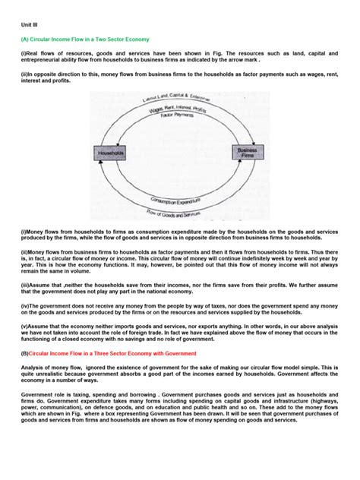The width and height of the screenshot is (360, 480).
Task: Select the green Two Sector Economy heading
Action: click(85, 38)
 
